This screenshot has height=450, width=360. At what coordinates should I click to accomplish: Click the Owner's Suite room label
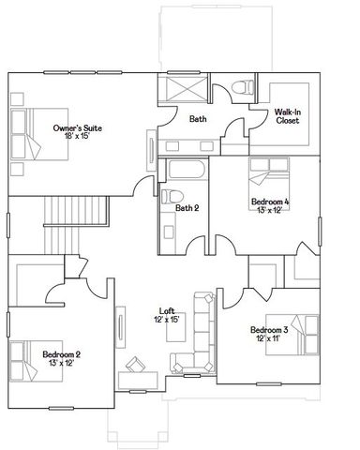click(77, 127)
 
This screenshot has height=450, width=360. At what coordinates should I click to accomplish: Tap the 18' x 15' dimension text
click(77, 137)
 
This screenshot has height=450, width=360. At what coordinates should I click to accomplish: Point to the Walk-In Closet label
click(288, 116)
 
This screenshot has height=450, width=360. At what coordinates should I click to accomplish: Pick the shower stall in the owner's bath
click(183, 91)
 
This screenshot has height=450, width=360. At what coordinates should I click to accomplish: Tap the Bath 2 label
click(187, 208)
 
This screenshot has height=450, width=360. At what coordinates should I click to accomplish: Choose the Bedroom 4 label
click(270, 202)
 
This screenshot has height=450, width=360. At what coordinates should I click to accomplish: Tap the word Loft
click(167, 311)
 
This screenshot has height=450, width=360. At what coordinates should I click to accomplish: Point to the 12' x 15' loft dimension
click(167, 321)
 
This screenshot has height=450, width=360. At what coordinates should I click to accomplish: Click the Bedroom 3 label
click(270, 330)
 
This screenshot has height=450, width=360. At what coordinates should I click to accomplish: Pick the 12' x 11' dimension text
click(270, 339)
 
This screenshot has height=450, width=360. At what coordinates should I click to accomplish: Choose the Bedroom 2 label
click(61, 353)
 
